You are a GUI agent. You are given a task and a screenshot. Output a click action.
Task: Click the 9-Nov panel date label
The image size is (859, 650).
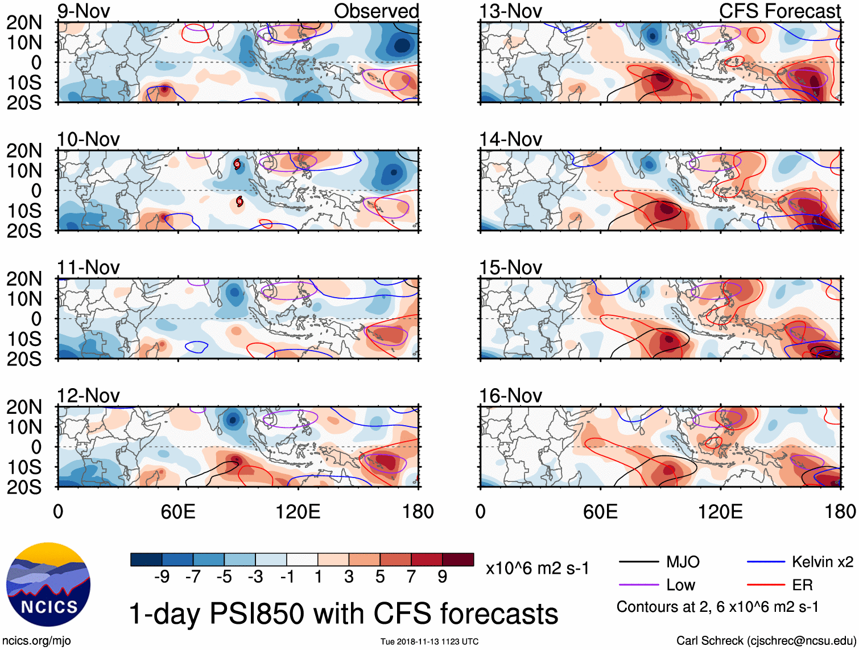pyautogui.click(x=84, y=11)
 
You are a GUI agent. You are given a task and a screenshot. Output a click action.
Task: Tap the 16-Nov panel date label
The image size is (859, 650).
pyautogui.click(x=510, y=395)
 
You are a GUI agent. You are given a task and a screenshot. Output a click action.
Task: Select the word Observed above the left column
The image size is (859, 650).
pyautogui.click(x=376, y=11)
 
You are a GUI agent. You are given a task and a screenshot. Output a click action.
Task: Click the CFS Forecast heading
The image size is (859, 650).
pyautogui.click(x=779, y=11)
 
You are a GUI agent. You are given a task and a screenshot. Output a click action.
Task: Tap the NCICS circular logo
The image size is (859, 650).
pyautogui.click(x=48, y=585)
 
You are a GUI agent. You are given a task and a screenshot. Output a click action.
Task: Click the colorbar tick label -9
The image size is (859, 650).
pyautogui.click(x=162, y=577)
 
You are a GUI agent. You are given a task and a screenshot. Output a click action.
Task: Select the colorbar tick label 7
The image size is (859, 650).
pyautogui.click(x=411, y=577)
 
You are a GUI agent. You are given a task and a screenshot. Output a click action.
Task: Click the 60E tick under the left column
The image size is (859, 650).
pyautogui.click(x=178, y=512)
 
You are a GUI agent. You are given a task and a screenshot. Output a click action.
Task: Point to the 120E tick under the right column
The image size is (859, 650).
pyautogui.click(x=720, y=512)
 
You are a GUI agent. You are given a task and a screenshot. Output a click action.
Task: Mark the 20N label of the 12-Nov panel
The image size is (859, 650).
pyautogui.click(x=24, y=407)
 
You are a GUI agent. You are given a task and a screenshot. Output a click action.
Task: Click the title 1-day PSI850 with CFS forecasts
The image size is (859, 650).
pyautogui.click(x=344, y=614)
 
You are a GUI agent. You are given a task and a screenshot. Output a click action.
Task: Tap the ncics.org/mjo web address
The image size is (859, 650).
pyautogui.click(x=36, y=640)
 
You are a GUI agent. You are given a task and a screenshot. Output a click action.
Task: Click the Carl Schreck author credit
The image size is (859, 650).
pyautogui.click(x=766, y=640)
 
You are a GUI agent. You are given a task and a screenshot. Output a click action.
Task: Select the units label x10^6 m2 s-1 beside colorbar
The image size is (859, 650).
pyautogui.click(x=537, y=568)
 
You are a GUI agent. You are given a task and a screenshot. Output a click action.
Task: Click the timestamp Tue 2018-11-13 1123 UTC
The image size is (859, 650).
pyautogui.click(x=429, y=641)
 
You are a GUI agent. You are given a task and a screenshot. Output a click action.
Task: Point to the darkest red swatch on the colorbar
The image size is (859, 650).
pyautogui.click(x=458, y=560)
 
